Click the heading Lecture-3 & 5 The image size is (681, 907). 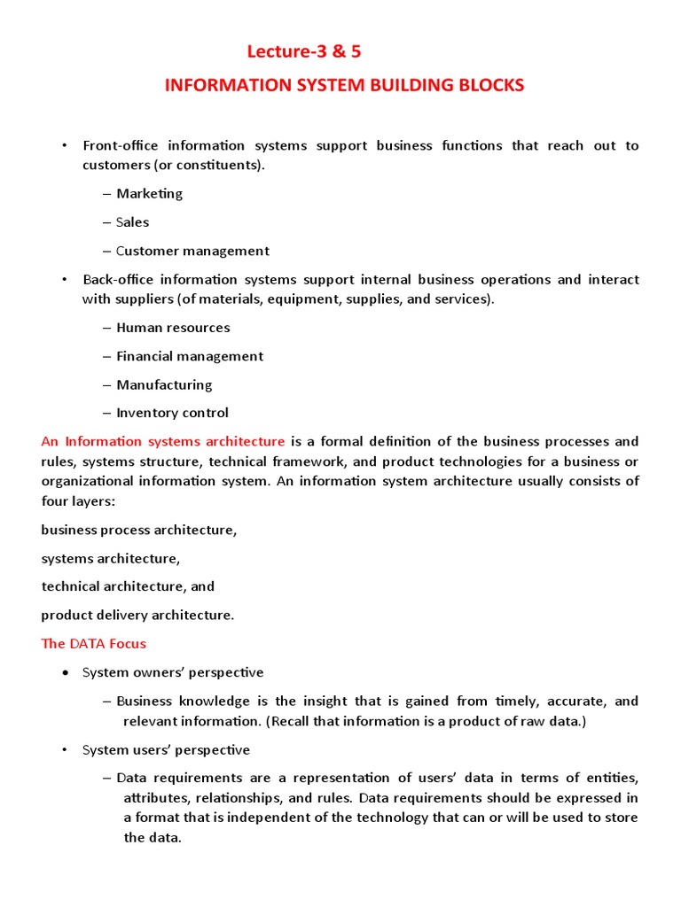point(303,52)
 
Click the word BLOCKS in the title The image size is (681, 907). point(490,86)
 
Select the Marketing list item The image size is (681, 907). point(149,193)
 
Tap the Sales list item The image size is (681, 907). point(132,222)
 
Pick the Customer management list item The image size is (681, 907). point(192,251)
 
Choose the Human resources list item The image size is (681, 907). point(173,328)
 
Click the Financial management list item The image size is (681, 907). point(190,356)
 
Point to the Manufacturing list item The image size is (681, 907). point(164,384)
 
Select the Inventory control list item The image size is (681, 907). point(172,413)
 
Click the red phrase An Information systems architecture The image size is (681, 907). point(163,441)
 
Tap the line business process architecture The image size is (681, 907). point(139,530)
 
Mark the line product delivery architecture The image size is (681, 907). point(137,615)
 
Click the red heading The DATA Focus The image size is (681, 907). point(93,643)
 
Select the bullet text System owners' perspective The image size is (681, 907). point(173,672)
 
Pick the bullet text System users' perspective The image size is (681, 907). point(166,750)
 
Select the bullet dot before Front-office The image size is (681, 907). point(64,146)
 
